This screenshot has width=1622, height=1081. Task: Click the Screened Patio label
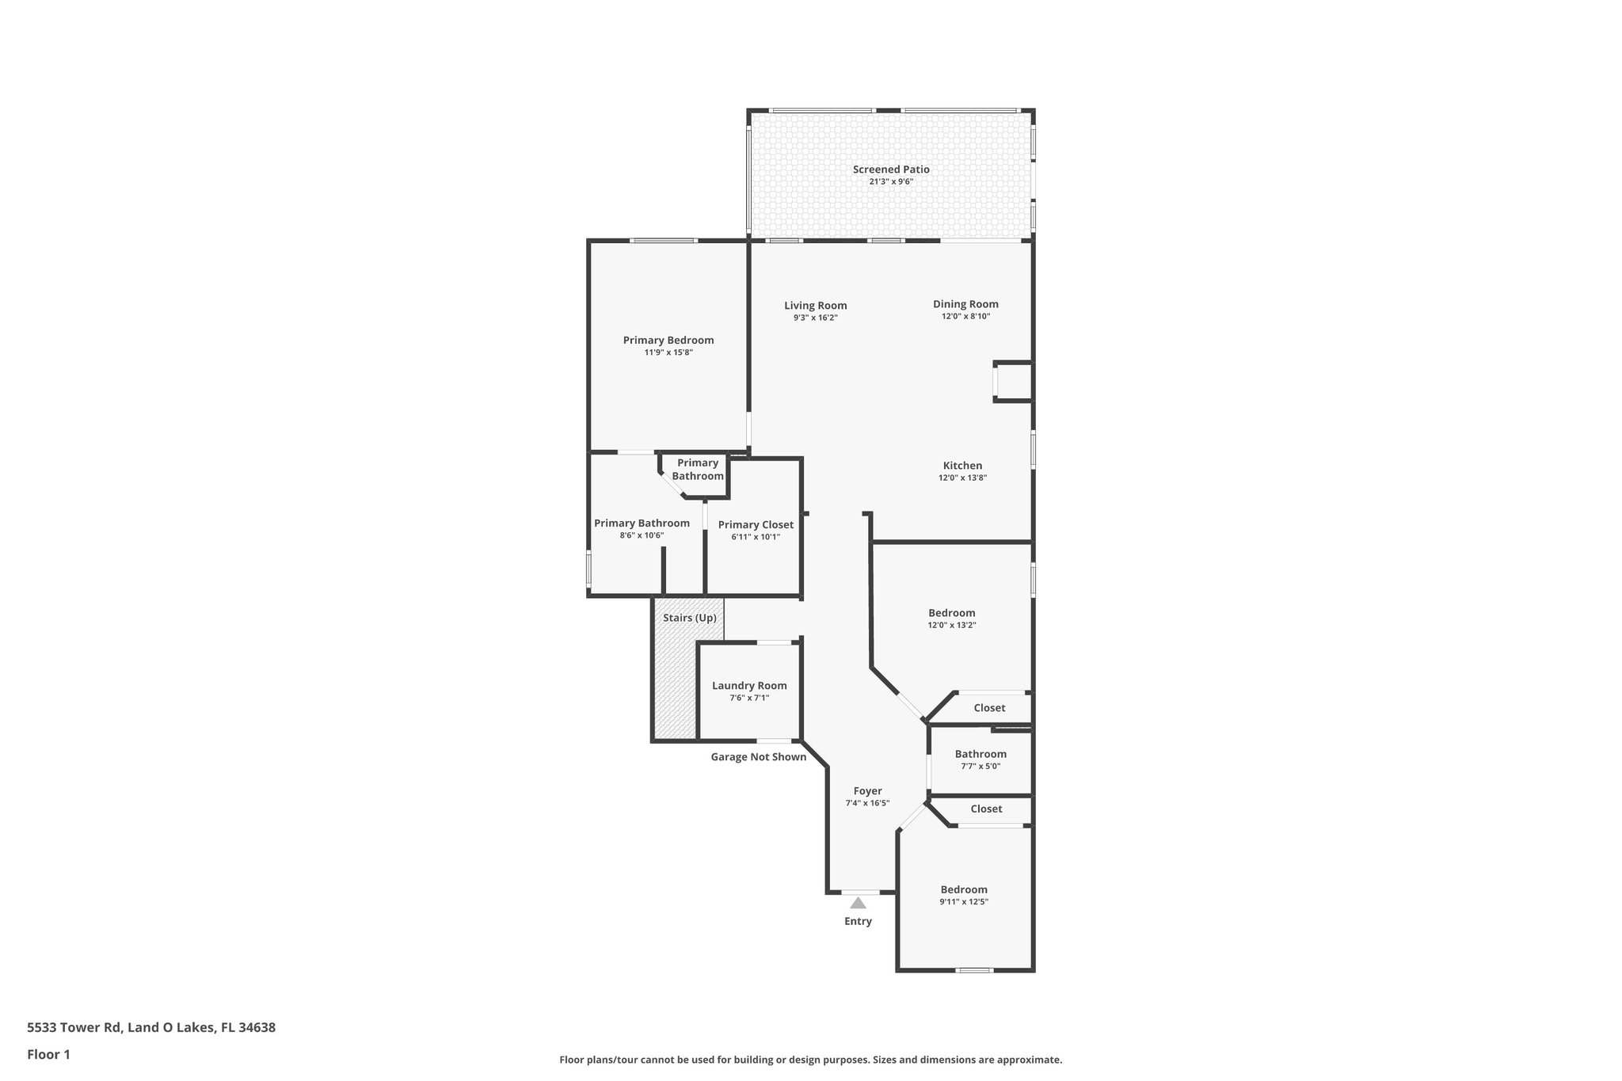click(891, 169)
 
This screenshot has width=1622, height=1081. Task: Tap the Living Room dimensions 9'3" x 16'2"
click(815, 318)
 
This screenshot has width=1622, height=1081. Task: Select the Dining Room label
click(965, 304)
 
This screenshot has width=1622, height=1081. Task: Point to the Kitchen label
click(962, 466)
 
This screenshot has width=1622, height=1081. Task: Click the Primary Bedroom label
click(668, 341)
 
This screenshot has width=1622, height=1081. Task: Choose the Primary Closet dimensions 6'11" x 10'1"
click(756, 537)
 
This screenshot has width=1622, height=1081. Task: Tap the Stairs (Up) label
click(689, 618)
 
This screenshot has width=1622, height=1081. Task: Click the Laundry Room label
click(749, 686)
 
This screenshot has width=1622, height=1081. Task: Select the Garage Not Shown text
click(758, 757)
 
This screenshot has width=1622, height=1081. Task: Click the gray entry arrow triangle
click(858, 903)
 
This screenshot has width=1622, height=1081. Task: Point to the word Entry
click(858, 921)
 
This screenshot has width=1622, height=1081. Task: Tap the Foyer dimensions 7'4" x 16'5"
click(867, 803)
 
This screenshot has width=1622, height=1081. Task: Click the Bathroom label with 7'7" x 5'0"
click(980, 754)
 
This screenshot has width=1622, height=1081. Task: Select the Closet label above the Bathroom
click(989, 708)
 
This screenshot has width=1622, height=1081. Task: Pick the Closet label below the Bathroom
click(986, 809)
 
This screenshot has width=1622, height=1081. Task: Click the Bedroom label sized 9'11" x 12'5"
click(964, 889)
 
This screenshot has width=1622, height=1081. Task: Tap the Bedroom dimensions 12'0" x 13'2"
click(952, 625)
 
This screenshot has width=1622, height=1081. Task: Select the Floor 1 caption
click(48, 1055)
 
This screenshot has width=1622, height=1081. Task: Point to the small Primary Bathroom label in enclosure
click(698, 470)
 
